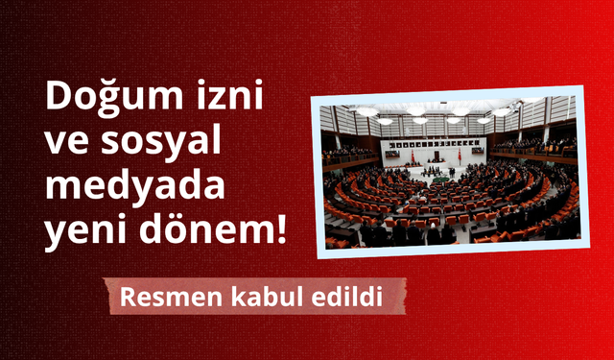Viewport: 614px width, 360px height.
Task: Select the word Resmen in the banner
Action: [x=162, y=298]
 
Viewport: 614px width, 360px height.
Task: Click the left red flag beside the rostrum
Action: [x=413, y=155]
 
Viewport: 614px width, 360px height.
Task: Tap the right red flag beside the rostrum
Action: [x=458, y=154]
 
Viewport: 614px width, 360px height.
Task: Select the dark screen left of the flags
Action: [x=392, y=151]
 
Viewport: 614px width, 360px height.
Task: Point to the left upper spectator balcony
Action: [x=347, y=154]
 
